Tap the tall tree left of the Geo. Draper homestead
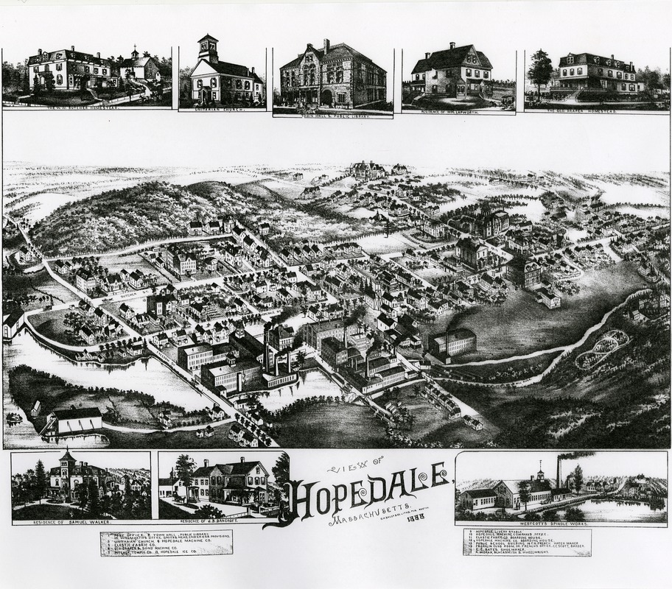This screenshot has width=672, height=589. tap(541, 70)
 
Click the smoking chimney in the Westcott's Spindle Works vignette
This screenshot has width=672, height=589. tap(559, 471)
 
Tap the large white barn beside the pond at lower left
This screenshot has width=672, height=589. tap(76, 421)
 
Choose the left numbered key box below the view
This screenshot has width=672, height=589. tap(167, 542)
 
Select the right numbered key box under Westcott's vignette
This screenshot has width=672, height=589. tap(527, 542)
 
